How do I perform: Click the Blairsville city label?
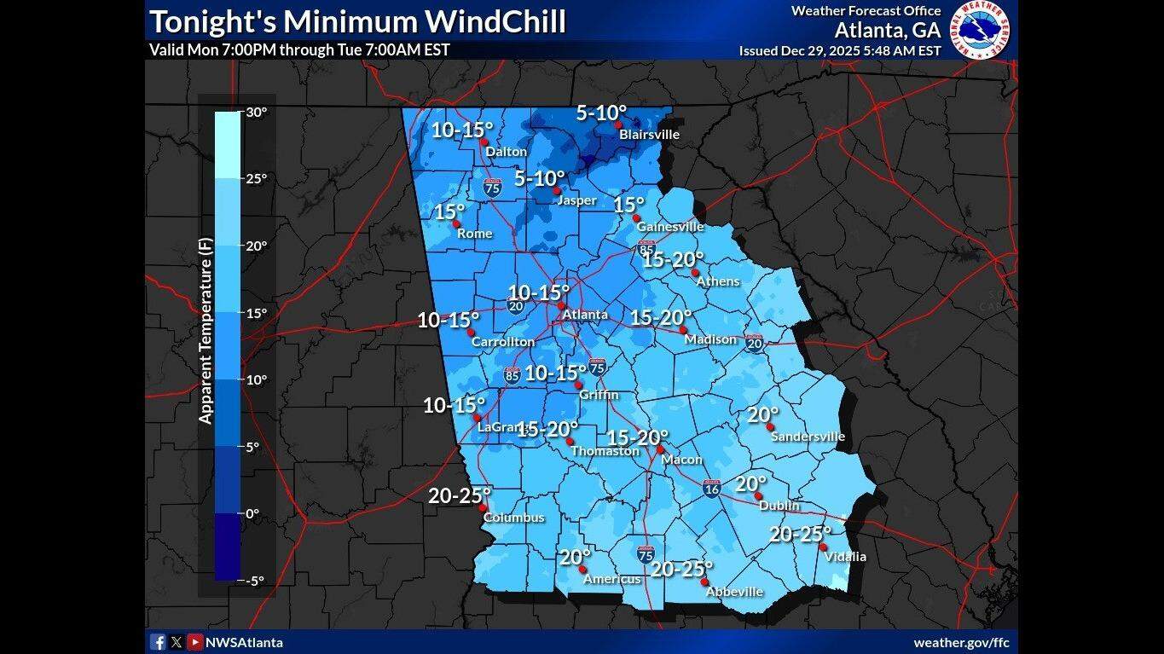(649, 135)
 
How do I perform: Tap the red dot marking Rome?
(456, 223)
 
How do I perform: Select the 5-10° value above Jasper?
(540, 179)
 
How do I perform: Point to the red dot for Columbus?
(483, 507)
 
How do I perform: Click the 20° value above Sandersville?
(763, 415)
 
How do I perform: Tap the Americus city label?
(611, 580)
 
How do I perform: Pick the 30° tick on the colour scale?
(257, 112)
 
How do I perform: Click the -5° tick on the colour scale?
(254, 581)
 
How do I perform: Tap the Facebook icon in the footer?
(158, 642)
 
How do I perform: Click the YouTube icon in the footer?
(195, 642)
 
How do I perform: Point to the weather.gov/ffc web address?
(961, 642)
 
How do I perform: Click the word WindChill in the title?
(494, 21)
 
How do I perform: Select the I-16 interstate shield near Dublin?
(712, 489)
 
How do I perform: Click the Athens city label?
(718, 281)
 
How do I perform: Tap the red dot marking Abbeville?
(705, 582)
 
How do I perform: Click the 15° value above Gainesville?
(628, 205)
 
